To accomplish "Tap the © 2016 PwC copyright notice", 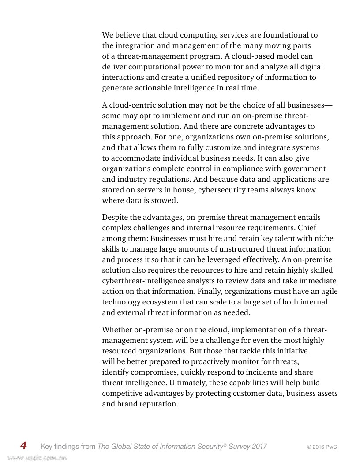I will click(x=322, y=447).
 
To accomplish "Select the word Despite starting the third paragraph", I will click(x=116, y=217).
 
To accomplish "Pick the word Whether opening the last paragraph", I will click(x=117, y=330).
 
